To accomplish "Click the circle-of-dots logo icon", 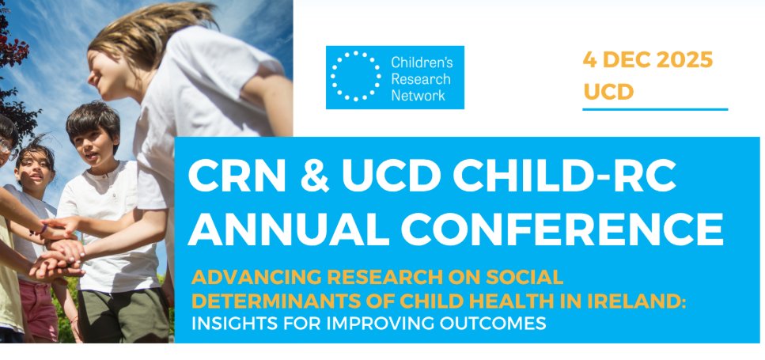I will coord(356,77).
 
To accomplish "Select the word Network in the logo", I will coord(418,95).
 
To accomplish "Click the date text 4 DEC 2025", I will coord(647,60).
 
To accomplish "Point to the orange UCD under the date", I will coord(608,92).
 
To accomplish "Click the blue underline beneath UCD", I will coord(654,109).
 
